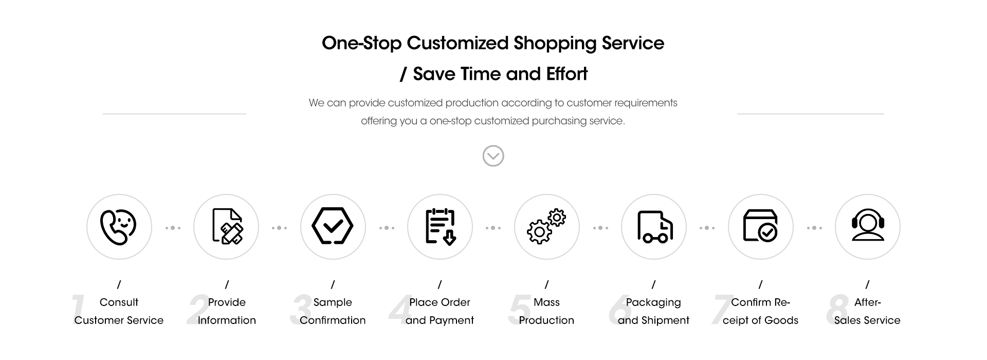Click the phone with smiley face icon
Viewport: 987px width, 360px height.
pyautogui.click(x=118, y=227)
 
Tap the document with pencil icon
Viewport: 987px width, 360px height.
pyautogui.click(x=227, y=226)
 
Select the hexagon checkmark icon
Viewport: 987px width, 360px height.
pyautogui.click(x=333, y=226)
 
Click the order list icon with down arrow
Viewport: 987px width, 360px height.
pyautogui.click(x=440, y=226)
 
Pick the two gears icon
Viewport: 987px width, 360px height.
pyautogui.click(x=546, y=226)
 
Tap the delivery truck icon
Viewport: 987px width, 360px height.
pyautogui.click(x=654, y=227)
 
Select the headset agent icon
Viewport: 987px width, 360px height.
pyautogui.click(x=868, y=225)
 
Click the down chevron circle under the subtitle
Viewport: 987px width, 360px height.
pyautogui.click(x=493, y=156)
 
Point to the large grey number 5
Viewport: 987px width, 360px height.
pyautogui.click(x=519, y=310)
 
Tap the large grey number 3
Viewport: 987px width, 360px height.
pyautogui.click(x=301, y=310)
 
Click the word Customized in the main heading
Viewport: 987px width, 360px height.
pyautogui.click(x=458, y=43)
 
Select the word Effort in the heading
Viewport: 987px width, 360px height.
pyautogui.click(x=567, y=74)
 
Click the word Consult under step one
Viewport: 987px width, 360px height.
pyautogui.click(x=119, y=302)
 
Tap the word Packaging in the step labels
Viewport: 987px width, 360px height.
pyautogui.click(x=653, y=303)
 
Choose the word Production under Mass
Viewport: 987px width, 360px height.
pyautogui.click(x=546, y=320)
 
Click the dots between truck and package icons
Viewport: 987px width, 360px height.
pyautogui.click(x=707, y=228)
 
